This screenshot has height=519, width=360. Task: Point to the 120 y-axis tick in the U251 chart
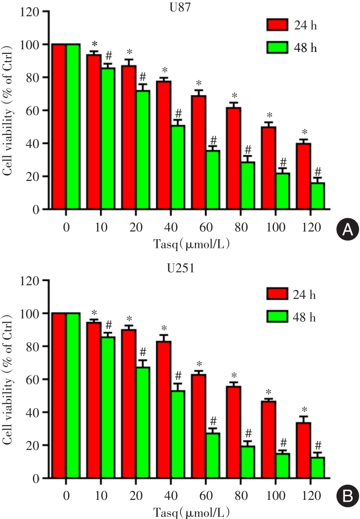pyautogui.click(x=29, y=280)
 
